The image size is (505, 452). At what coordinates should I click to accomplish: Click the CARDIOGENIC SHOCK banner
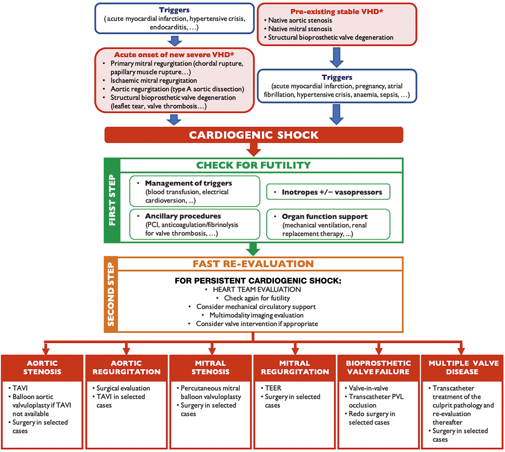[254, 135]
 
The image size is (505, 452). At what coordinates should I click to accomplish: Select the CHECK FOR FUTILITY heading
[253, 165]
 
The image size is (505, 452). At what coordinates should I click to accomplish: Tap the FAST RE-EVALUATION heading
[253, 264]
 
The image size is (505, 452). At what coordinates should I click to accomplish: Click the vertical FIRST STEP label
[112, 200]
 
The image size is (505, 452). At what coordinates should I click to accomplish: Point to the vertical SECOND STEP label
[111, 294]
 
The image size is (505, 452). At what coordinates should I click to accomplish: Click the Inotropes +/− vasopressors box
[328, 192]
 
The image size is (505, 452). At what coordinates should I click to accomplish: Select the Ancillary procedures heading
[183, 216]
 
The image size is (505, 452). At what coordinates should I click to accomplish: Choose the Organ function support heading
[325, 216]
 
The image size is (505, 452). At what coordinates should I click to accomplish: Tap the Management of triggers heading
[188, 183]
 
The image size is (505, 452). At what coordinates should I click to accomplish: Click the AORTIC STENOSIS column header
[42, 367]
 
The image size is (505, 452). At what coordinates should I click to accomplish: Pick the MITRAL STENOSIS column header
[211, 367]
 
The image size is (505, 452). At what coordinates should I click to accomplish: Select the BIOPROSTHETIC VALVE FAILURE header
[378, 367]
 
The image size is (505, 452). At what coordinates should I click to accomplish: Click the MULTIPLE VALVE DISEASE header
[463, 367]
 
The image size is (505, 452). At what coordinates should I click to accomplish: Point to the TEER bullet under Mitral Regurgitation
[273, 388]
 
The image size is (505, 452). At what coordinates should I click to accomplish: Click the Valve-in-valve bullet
[368, 388]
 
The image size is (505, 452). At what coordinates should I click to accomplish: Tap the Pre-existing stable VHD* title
[337, 12]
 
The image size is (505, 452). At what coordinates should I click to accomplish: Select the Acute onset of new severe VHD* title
[174, 55]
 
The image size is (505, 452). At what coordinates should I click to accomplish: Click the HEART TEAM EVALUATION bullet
[257, 289]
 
